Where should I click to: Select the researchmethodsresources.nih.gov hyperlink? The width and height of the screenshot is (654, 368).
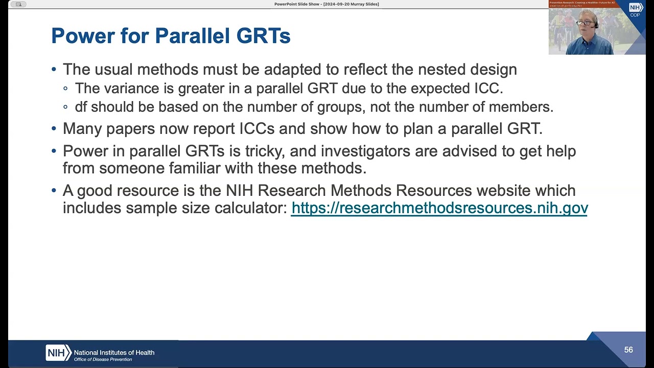coord(439,208)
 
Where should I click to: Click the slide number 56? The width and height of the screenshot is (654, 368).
coord(628,350)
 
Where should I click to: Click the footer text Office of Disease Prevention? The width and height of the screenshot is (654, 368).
coord(103,359)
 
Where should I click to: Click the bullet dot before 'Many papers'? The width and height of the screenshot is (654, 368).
coord(54,129)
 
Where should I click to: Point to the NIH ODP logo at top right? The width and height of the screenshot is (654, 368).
coord(635,10)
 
